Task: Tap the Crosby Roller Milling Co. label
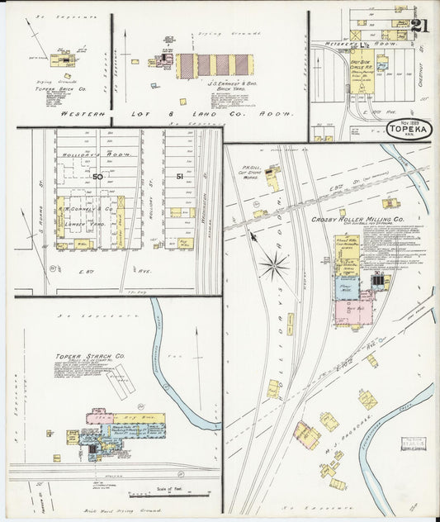click(x=357, y=220)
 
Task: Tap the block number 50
click(x=97, y=176)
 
